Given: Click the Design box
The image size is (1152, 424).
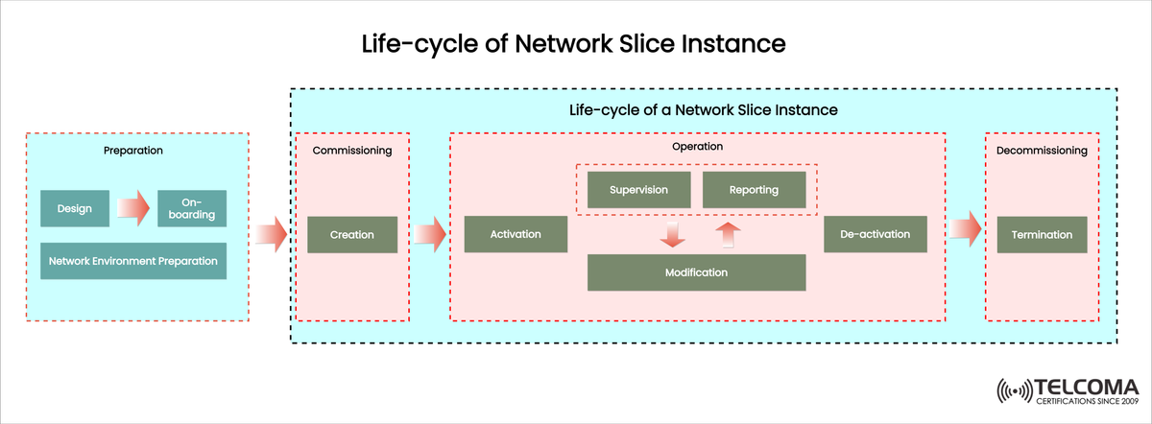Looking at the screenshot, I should point(75,208).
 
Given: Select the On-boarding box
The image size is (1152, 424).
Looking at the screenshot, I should point(192,208).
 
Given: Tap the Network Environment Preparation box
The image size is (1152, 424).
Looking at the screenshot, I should point(133,261).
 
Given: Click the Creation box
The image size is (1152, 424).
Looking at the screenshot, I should point(352,234).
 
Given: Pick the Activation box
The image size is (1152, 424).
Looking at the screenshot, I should point(516,234).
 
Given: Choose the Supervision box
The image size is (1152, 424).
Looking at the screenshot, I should point(638,190).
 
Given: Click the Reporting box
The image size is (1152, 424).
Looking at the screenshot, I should point(754,190).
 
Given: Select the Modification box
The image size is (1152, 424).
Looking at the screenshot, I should point(696,272).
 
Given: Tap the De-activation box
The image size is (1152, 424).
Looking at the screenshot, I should point(875,234).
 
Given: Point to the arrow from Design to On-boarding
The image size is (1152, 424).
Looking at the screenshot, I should point(133,208).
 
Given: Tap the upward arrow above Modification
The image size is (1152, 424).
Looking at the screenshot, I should point(729,232).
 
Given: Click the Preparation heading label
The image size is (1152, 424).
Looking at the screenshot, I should point(133,151).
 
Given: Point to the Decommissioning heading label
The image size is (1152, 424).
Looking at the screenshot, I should point(1042,151).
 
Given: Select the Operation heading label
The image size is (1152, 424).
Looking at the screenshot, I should point(698,147).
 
